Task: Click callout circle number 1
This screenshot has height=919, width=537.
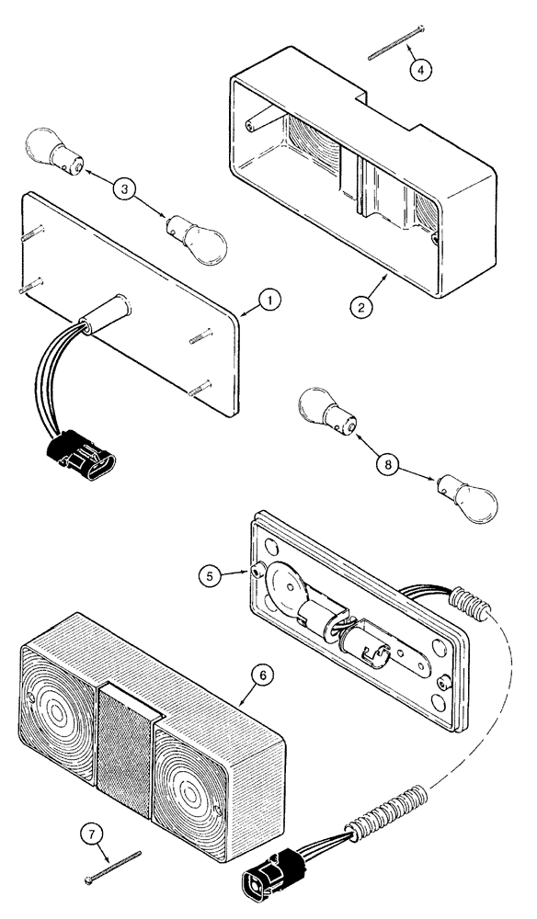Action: click(266, 299)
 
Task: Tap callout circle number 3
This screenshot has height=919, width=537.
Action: click(127, 190)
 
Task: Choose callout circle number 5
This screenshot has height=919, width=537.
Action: click(211, 576)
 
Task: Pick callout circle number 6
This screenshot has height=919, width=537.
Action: click(263, 675)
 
